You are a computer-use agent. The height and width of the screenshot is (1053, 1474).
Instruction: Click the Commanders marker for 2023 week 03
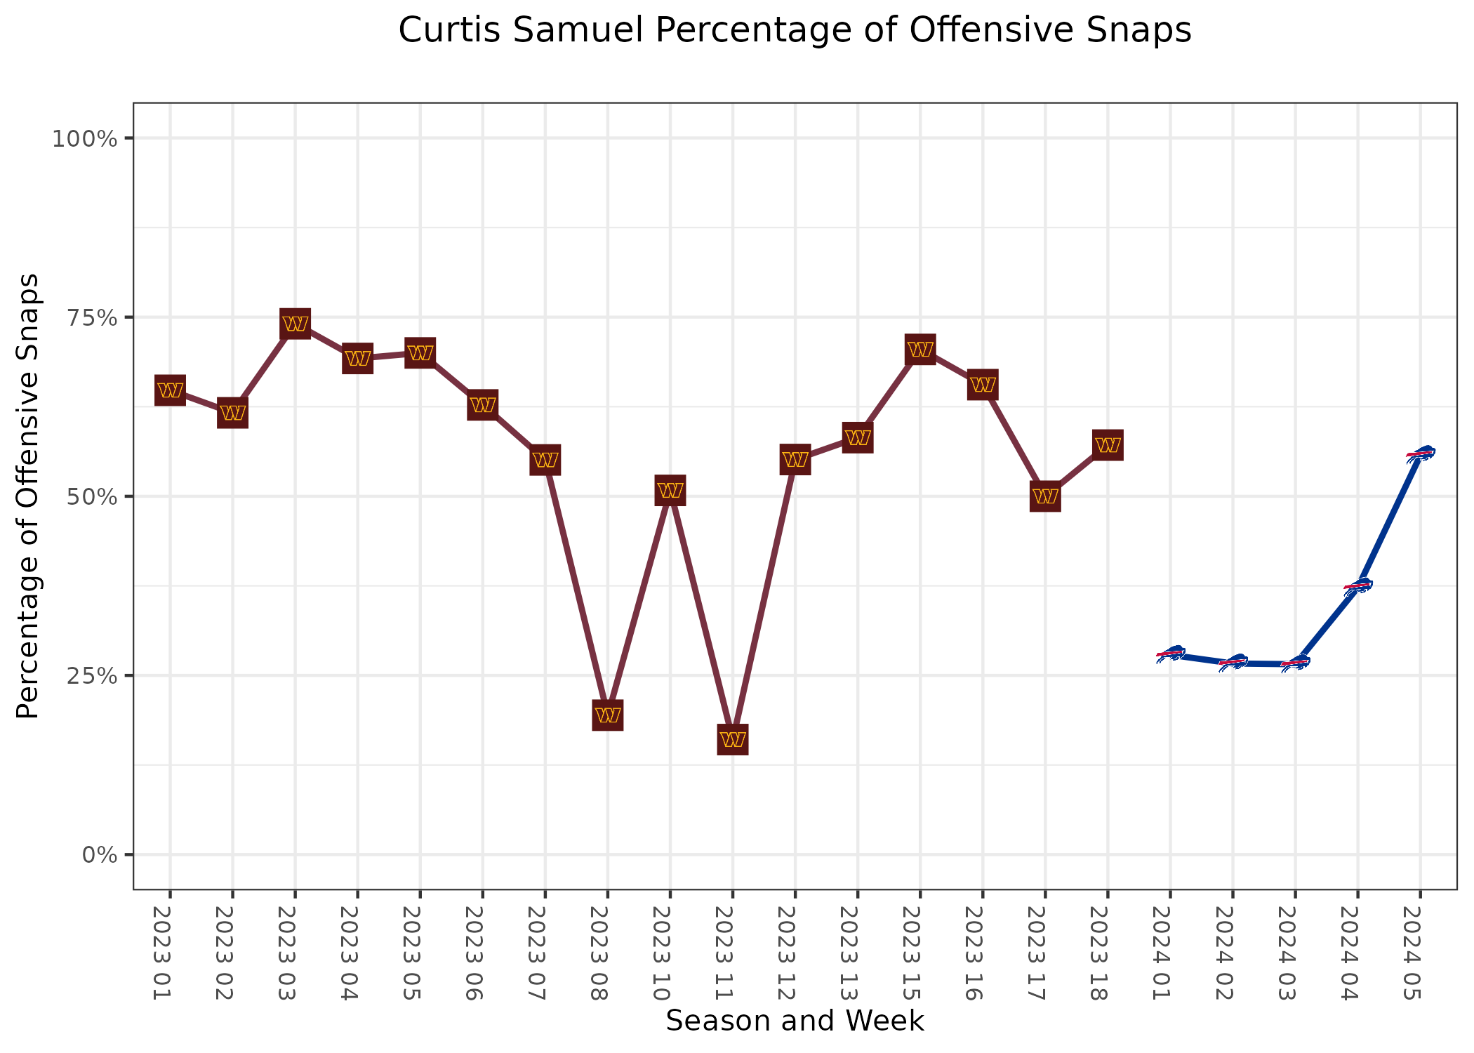coord(295,324)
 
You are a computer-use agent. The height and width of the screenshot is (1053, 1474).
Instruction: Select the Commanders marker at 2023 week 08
coord(608,715)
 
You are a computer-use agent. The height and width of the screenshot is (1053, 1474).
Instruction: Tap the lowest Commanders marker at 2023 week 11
coord(733,739)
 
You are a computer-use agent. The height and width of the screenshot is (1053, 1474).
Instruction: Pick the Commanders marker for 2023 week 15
coord(920,349)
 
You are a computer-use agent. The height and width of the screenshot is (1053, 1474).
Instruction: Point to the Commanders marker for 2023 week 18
coord(1108,445)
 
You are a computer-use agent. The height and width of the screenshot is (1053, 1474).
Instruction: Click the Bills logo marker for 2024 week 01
coord(1171,654)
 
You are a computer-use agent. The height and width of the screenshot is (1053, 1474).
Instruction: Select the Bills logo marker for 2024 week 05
coord(1421,454)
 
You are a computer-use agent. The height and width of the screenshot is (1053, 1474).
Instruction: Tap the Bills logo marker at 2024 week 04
coord(1358,586)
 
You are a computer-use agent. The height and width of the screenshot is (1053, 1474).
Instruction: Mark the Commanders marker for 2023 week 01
coord(170,390)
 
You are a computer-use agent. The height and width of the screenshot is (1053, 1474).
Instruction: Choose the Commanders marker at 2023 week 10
coord(670,490)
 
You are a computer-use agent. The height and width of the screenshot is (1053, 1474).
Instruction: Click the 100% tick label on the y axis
coord(84,138)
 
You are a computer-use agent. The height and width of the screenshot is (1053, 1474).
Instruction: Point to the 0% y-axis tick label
coord(99,855)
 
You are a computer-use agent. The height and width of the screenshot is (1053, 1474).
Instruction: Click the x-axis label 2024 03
coord(1294,952)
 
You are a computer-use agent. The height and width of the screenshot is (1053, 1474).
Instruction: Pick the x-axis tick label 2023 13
coord(856,952)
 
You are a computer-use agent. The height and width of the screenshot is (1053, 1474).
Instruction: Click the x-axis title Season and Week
coord(795,1021)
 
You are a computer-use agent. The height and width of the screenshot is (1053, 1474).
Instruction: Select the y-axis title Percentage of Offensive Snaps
coord(28,496)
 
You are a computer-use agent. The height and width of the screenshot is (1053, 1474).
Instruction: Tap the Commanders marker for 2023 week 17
coord(1045,497)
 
